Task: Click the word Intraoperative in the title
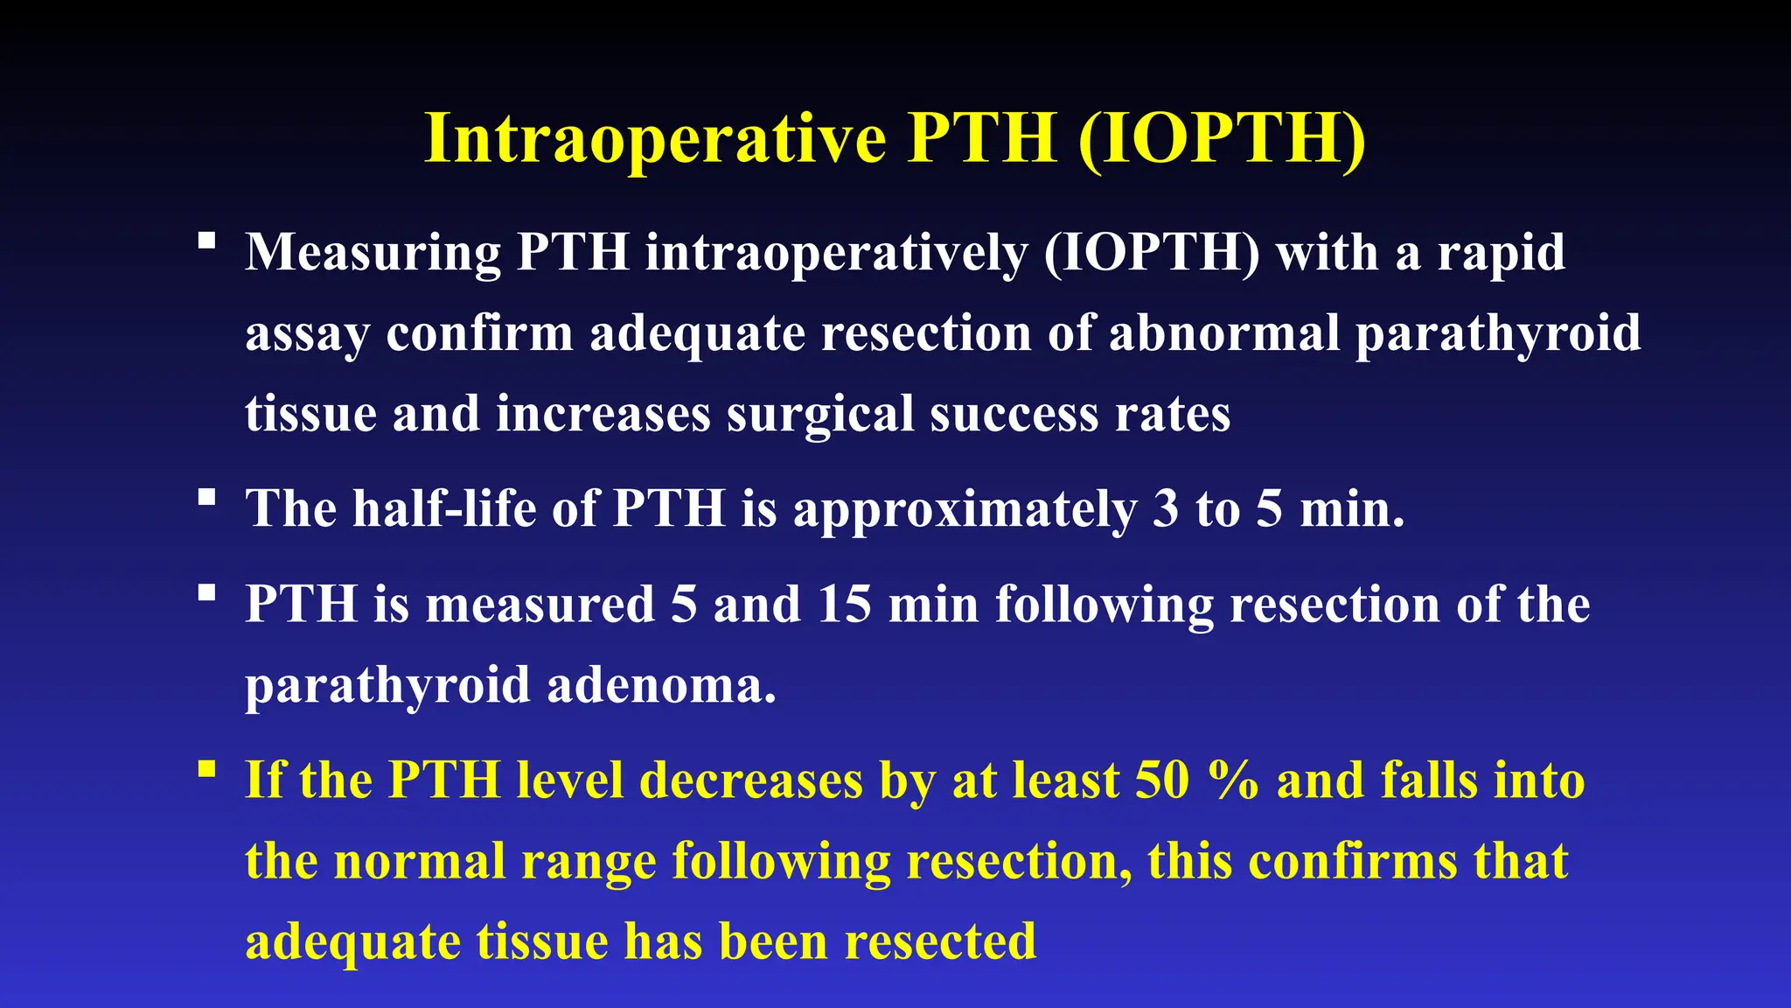(656, 138)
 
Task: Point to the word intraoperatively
(836, 253)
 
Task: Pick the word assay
(307, 334)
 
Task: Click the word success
(1014, 415)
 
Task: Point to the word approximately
(965, 510)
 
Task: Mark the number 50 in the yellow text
(1161, 780)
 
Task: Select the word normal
(420, 861)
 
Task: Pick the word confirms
(1352, 861)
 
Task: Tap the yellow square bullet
(207, 769)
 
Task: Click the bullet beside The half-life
(207, 498)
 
